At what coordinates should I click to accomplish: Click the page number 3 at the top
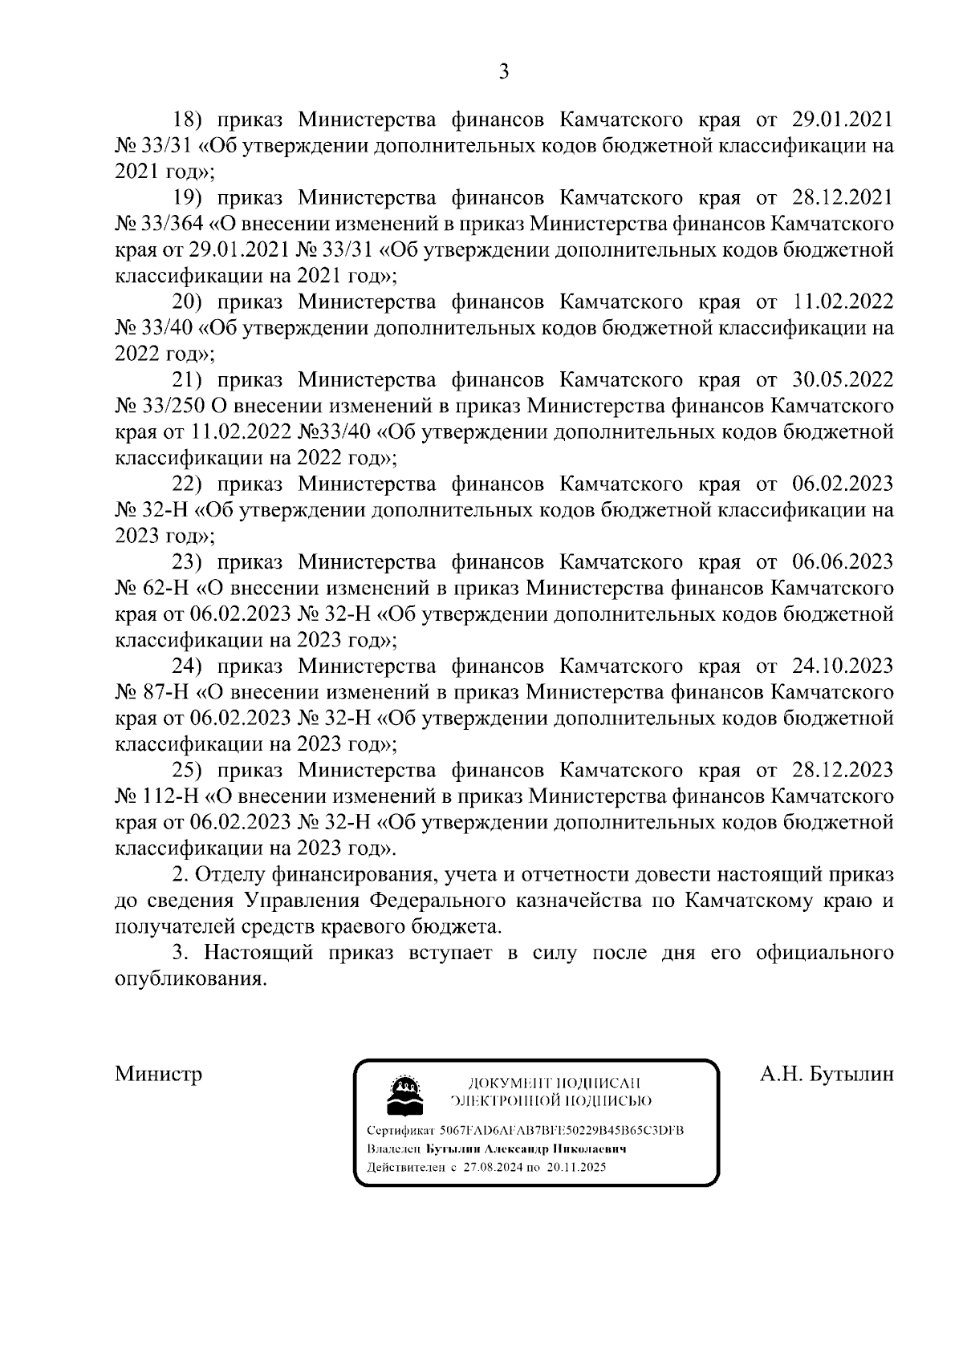point(504,72)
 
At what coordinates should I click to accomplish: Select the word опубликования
point(189,979)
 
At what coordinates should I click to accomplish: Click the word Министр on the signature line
point(158,1074)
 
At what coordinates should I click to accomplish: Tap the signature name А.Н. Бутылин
point(827,1074)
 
